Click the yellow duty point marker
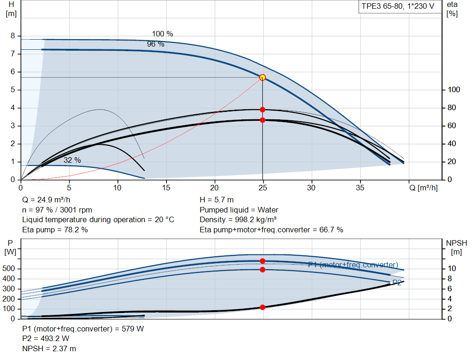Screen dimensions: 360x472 pyautogui.click(x=262, y=77)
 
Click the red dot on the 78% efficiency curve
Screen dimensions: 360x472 pyautogui.click(x=262, y=110)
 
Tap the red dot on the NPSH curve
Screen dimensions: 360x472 pyautogui.click(x=262, y=307)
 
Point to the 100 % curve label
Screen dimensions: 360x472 pyautogui.click(x=162, y=34)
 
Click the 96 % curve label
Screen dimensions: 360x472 pyautogui.click(x=155, y=44)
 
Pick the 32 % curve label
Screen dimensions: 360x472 pyautogui.click(x=72, y=160)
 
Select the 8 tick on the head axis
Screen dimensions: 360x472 pyautogui.click(x=13, y=36)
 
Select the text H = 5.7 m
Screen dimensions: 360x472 pyautogui.click(x=217, y=200)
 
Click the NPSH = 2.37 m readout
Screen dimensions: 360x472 pyautogui.click(x=49, y=348)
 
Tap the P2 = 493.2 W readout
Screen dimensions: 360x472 pyautogui.click(x=46, y=339)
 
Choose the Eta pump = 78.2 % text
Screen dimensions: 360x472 pyautogui.click(x=55, y=230)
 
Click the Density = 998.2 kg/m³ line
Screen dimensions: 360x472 pyautogui.click(x=238, y=219)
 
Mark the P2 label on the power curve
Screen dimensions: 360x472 pyautogui.click(x=396, y=283)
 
